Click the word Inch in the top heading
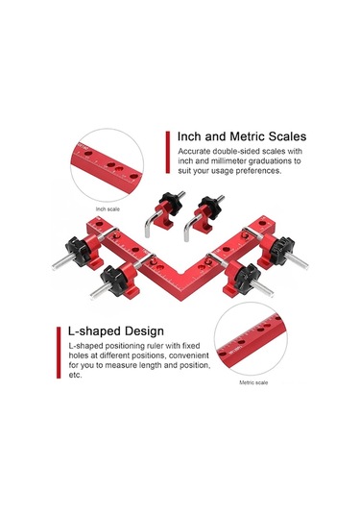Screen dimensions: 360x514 pyautogui.click(x=189, y=136)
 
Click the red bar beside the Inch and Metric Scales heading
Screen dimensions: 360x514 pyautogui.click(x=168, y=152)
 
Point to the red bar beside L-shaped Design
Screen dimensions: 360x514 pyautogui.click(x=59, y=353)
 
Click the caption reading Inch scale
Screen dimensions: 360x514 pyautogui.click(x=108, y=209)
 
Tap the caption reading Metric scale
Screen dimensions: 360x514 pyautogui.click(x=253, y=382)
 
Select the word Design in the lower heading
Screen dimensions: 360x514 pyautogui.click(x=144, y=331)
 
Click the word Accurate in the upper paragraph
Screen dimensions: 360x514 pyautogui.click(x=194, y=152)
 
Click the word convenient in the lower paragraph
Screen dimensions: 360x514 pyautogui.click(x=189, y=355)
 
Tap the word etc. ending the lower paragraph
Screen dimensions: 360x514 pyautogui.click(x=75, y=375)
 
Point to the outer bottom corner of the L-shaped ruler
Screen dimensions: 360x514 pyautogui.click(x=181, y=301)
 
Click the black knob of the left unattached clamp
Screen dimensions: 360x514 pyautogui.click(x=171, y=202)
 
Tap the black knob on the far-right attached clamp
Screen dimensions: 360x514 pyautogui.click(x=281, y=251)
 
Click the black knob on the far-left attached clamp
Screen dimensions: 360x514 pyautogui.click(x=78, y=252)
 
